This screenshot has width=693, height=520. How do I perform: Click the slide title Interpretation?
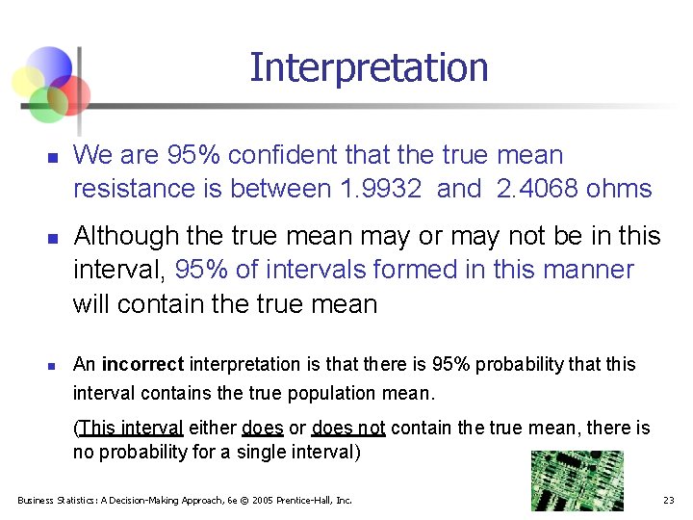(x=369, y=67)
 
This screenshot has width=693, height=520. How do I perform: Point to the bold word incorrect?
(x=142, y=364)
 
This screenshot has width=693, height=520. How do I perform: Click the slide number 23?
(x=668, y=500)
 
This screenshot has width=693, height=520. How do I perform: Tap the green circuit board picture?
(x=577, y=481)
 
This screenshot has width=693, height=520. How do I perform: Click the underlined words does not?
(x=347, y=428)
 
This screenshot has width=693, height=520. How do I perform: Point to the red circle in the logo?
(x=70, y=94)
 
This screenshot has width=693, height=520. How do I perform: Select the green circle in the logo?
(x=46, y=104)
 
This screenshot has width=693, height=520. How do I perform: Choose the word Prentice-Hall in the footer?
(x=309, y=500)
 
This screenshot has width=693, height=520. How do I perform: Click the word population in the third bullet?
(x=354, y=393)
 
